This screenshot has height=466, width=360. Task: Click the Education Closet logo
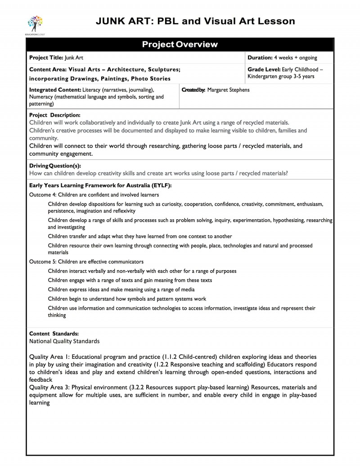coord(36,24)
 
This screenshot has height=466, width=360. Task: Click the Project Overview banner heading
coord(180,44)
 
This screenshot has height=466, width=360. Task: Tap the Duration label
coord(260,58)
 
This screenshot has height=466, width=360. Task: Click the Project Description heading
coord(54,115)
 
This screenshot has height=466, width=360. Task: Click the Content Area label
coord(49,69)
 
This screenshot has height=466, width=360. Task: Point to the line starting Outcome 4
coord(94,195)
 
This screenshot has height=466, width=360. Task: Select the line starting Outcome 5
coord(86,261)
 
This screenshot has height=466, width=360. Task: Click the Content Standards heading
coord(54,334)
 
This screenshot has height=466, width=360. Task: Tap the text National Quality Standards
coord(64,341)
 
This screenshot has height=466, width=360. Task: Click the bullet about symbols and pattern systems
coord(127,299)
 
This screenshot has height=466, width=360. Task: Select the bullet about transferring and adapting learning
coord(140,236)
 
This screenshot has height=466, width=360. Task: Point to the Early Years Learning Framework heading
coord(100,185)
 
